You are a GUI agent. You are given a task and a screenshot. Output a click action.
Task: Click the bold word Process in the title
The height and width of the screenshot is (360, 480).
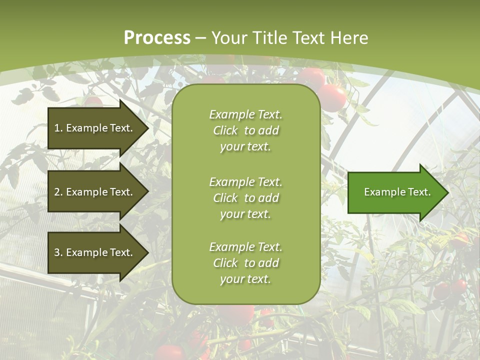coord(157,38)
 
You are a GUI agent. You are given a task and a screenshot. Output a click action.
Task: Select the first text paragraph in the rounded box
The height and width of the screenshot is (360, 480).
coord(245,130)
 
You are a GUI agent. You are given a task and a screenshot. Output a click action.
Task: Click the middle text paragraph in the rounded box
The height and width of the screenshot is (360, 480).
coord(245,198)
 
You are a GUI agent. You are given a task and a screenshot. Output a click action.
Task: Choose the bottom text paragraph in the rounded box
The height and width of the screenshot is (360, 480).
coord(245,263)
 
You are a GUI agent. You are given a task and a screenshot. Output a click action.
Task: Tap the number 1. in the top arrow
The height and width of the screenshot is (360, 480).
coord(58,128)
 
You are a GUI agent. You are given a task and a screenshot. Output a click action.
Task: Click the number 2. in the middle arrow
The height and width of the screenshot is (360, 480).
coord(58,192)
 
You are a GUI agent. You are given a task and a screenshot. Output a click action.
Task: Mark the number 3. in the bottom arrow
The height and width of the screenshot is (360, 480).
coord(58,252)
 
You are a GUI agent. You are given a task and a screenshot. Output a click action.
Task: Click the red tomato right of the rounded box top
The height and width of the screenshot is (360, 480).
coord(332,97)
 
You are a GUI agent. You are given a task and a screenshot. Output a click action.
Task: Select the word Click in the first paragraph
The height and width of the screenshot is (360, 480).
coord(225,130)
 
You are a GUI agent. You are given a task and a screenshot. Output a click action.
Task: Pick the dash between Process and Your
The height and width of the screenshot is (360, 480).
coord(200,38)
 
